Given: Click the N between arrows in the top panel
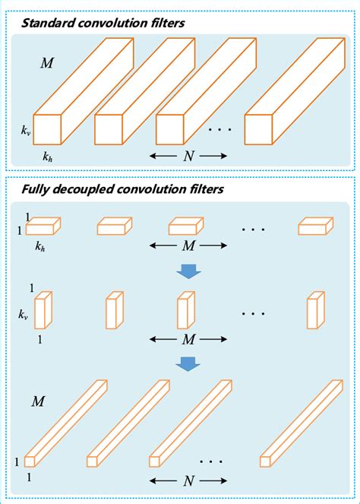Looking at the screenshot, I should point(188,156).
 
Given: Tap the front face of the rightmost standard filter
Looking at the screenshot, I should point(257,130).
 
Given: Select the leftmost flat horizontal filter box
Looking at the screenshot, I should point(46,226).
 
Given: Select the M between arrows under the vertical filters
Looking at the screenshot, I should point(188,341).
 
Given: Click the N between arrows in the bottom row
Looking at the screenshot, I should point(188,480).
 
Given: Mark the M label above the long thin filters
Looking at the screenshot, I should point(36,400).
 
